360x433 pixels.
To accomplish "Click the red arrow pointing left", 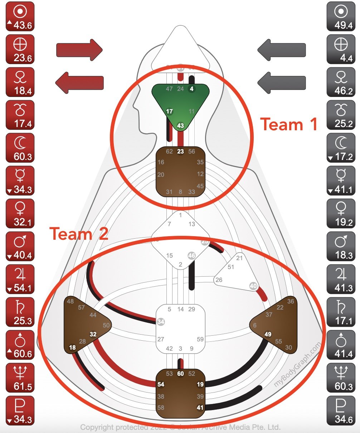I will [x=79, y=82].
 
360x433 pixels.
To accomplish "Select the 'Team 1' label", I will [x=289, y=125].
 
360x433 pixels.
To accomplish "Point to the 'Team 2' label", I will [x=79, y=234].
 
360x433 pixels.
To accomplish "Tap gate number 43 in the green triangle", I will [x=180, y=126].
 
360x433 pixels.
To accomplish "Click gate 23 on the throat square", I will [x=180, y=151].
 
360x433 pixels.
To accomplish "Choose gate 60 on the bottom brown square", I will [x=180, y=374].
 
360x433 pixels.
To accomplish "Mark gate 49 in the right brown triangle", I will [x=268, y=334].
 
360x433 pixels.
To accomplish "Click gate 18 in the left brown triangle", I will [x=72, y=347].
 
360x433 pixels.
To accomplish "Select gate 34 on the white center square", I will [x=161, y=322].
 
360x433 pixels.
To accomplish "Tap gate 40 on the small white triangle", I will [x=253, y=286].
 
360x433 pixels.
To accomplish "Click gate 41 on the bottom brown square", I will [x=200, y=407].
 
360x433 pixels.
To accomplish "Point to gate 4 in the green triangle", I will [x=192, y=89].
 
